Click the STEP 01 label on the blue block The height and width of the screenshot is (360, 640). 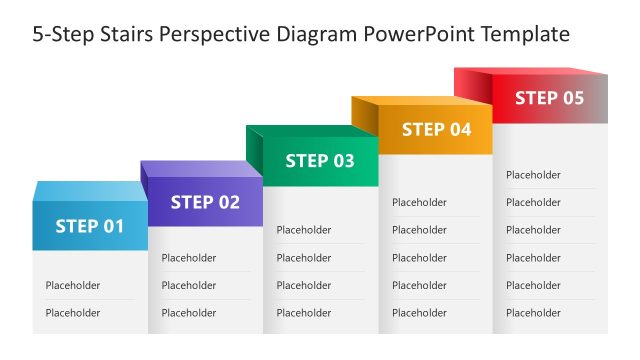point(90,226)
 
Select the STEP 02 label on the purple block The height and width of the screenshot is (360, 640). point(205,202)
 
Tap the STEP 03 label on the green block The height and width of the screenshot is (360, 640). point(320,161)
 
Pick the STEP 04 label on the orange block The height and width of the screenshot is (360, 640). point(436,129)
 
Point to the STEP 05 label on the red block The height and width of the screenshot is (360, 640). point(549,98)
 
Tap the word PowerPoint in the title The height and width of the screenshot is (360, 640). point(419,35)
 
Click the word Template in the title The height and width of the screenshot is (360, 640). point(525,35)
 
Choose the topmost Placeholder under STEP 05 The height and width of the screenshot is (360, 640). point(533,175)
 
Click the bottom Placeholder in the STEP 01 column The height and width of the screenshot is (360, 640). point(73,313)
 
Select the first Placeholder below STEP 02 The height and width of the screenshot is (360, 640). point(189,258)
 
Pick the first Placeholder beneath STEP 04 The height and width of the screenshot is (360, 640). point(419,202)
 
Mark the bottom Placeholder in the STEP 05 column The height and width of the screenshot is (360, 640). point(533,313)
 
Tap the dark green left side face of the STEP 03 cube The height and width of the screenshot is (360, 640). point(254,155)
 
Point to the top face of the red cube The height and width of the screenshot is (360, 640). point(530,71)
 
